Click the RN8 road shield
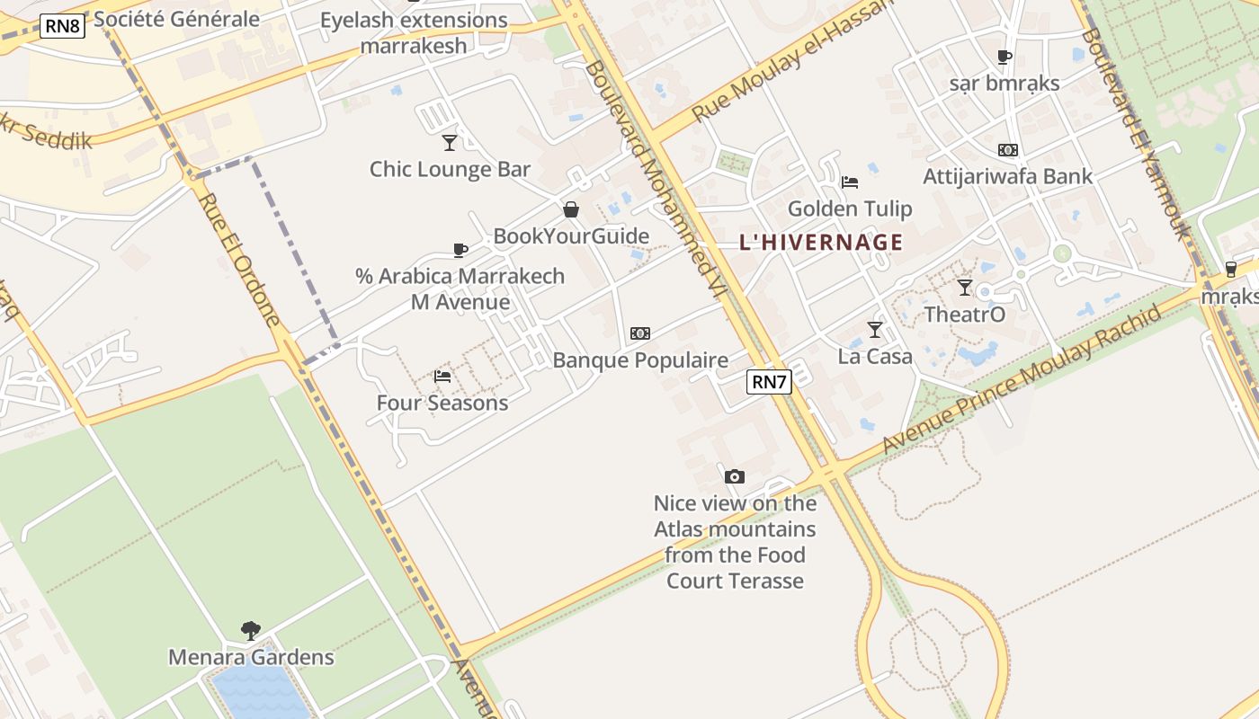pos(63,26)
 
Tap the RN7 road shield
pos(769,382)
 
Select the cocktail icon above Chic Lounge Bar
pos(450,143)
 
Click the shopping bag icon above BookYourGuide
pos(570,210)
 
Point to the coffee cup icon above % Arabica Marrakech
pos(460,250)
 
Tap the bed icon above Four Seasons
pos(442,377)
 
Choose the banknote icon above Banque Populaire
pos(640,333)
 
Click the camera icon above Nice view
pos(735,476)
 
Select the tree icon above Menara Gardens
pos(251,630)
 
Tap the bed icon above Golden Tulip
pos(850,182)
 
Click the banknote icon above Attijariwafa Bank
pos(1008,150)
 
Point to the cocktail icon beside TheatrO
pos(965,288)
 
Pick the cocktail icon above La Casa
pos(875,330)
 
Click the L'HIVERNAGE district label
pos(821,242)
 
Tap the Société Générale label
pos(176,19)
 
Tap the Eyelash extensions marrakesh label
pos(414,32)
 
